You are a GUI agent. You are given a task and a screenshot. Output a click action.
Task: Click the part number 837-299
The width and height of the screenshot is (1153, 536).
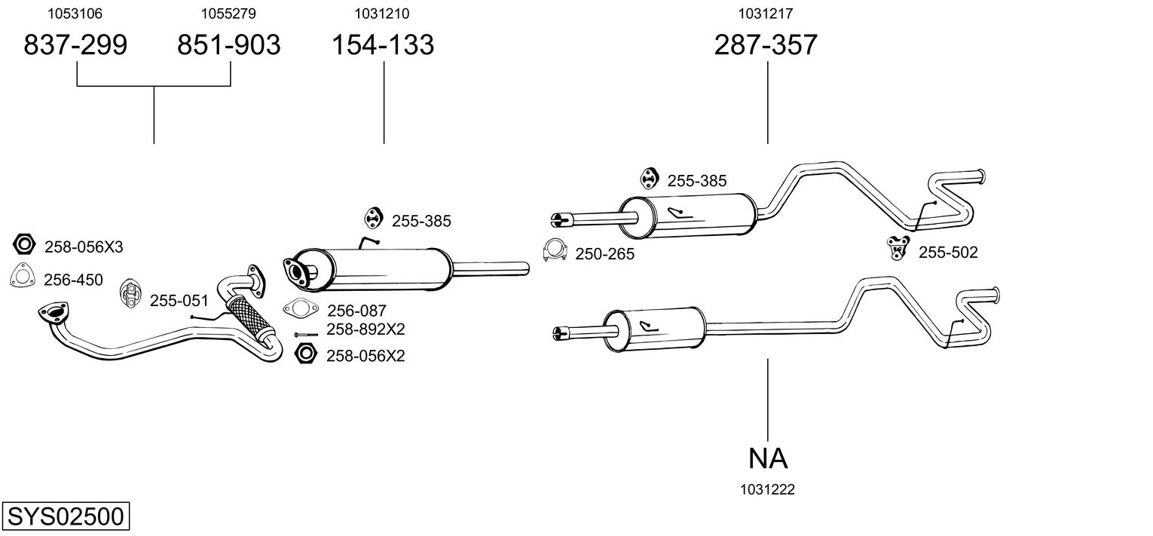75,45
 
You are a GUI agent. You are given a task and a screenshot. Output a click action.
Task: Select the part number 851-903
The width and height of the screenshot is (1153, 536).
228,45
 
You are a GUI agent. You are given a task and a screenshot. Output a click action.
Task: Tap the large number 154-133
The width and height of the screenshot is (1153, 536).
384,45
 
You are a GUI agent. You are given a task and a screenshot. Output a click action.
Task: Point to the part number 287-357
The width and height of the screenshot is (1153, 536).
766,45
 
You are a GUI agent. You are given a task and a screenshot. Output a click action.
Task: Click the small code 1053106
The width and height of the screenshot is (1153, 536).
75,14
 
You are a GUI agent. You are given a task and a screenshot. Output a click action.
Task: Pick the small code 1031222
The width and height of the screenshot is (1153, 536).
767,490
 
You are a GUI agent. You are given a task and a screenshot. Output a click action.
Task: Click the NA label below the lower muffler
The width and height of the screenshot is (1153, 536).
768,458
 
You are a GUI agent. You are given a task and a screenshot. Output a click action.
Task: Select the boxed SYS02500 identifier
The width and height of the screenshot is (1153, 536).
65,517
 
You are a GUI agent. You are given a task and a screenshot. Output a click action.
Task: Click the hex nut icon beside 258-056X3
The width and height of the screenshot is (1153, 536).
25,244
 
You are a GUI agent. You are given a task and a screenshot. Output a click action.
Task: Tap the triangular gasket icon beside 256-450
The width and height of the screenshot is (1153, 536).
24,277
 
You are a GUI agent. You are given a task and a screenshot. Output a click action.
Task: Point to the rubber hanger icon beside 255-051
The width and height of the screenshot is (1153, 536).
130,293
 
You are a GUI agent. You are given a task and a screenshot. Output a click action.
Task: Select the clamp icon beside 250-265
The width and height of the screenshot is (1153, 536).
555,252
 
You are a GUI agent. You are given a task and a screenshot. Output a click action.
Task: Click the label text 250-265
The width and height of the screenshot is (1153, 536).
604,255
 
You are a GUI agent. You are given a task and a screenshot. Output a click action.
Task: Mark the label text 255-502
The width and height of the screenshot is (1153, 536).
947,253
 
